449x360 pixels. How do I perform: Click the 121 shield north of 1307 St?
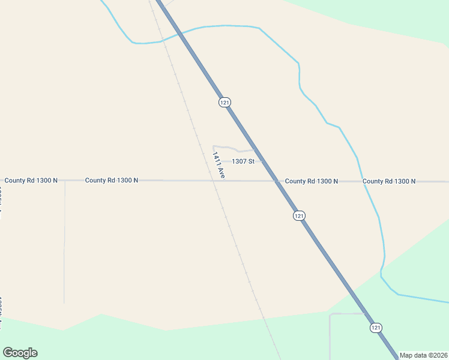[x=224, y=103]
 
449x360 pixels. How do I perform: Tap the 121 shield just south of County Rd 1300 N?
[x=299, y=215]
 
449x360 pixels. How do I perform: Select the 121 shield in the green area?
[x=375, y=328]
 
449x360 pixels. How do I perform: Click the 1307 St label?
[x=243, y=161]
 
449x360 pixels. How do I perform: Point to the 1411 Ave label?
[x=218, y=164]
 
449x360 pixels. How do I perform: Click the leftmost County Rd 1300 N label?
[x=31, y=180]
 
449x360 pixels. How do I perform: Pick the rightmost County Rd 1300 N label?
[x=389, y=181]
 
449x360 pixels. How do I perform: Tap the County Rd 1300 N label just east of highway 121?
[x=312, y=181]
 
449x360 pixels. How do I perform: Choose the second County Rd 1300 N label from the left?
[x=112, y=180]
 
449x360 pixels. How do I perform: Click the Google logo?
[x=20, y=353]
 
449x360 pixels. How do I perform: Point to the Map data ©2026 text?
[x=423, y=355]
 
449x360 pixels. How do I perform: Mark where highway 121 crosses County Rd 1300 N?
[x=278, y=181]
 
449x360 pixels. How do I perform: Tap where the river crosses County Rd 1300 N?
[x=363, y=181]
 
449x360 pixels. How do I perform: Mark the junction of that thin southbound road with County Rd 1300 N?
[x=65, y=180]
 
